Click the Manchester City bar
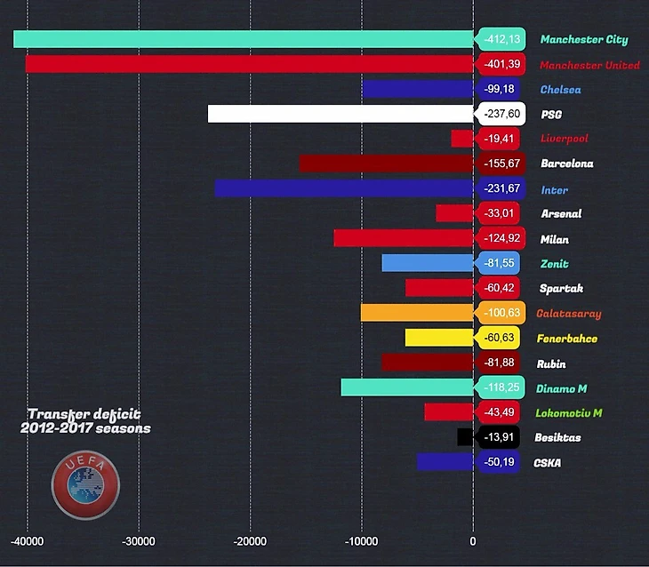244,39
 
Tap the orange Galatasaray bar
417,313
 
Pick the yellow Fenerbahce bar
439,338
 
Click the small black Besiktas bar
464,437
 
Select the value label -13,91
500,437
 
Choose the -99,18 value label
500,89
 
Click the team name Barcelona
566,164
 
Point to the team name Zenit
554,264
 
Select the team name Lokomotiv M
569,413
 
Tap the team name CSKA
547,463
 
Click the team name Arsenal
561,213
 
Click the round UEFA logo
84,485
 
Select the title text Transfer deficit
84,414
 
